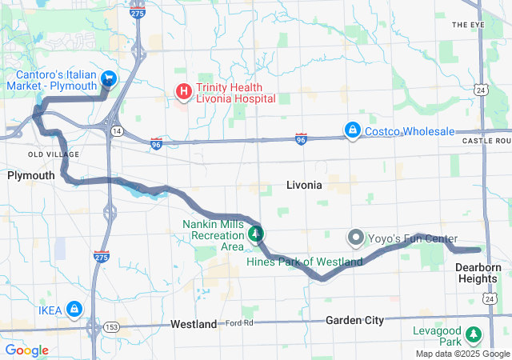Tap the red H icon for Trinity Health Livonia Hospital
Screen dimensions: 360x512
click(x=183, y=91)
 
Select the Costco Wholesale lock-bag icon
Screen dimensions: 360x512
click(x=351, y=130)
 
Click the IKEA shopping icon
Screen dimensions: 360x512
click(x=74, y=307)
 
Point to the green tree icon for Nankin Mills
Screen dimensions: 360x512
click(x=256, y=234)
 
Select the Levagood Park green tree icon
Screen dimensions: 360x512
click(x=474, y=334)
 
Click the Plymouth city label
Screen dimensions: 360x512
click(x=30, y=175)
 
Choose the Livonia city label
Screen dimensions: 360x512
click(x=303, y=185)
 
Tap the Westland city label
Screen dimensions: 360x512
click(x=193, y=324)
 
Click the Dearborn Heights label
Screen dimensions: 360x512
click(x=478, y=273)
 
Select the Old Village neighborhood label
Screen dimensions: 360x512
click(x=53, y=154)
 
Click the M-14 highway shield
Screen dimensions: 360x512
click(x=118, y=130)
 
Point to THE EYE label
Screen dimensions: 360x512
click(x=468, y=25)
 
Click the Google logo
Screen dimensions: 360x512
click(x=27, y=350)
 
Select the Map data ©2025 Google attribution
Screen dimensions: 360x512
click(x=462, y=354)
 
